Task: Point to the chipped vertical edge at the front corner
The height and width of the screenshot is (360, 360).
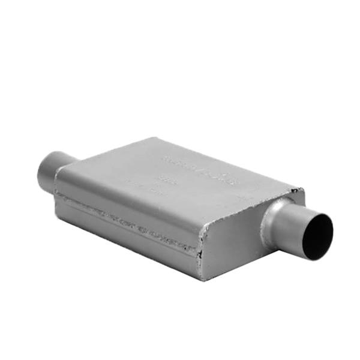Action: [x=202, y=252]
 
